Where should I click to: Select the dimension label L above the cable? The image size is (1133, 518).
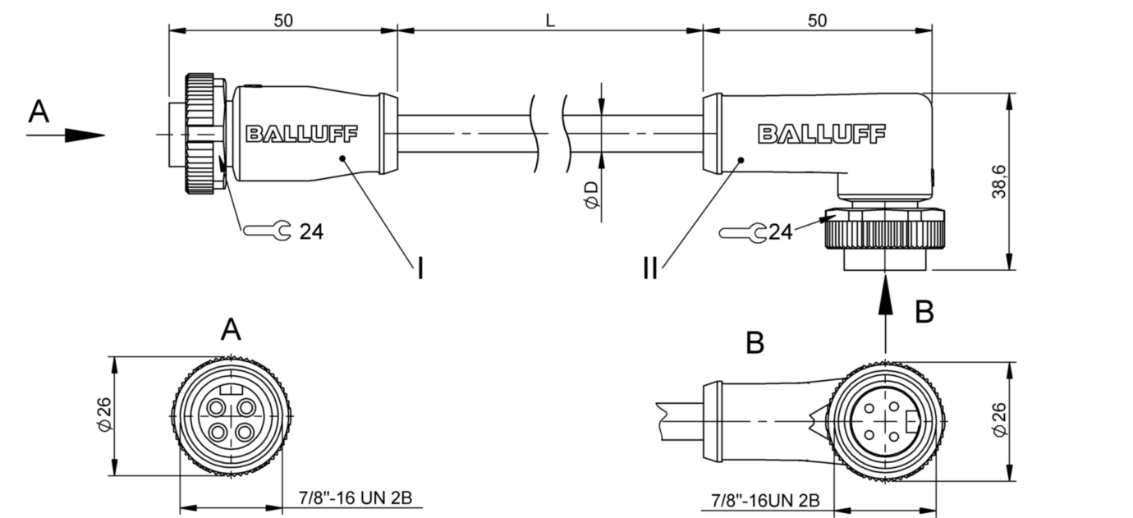click(550, 21)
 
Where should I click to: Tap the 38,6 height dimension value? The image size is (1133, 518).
click(999, 181)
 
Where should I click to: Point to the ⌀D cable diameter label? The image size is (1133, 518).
click(591, 195)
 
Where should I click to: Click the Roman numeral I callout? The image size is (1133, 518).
click(420, 268)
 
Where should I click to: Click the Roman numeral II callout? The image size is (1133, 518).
click(650, 268)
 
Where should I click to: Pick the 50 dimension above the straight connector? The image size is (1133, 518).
click(283, 21)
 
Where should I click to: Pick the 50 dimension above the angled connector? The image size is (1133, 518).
click(817, 21)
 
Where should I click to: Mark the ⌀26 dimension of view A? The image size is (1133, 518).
click(103, 415)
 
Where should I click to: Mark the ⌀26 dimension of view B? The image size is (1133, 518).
click(999, 419)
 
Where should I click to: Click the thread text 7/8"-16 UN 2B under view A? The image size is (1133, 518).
click(355, 498)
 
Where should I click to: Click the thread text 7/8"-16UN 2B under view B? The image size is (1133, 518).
click(765, 499)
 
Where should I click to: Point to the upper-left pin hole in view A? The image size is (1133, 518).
click(218, 408)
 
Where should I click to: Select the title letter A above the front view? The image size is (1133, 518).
click(232, 331)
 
